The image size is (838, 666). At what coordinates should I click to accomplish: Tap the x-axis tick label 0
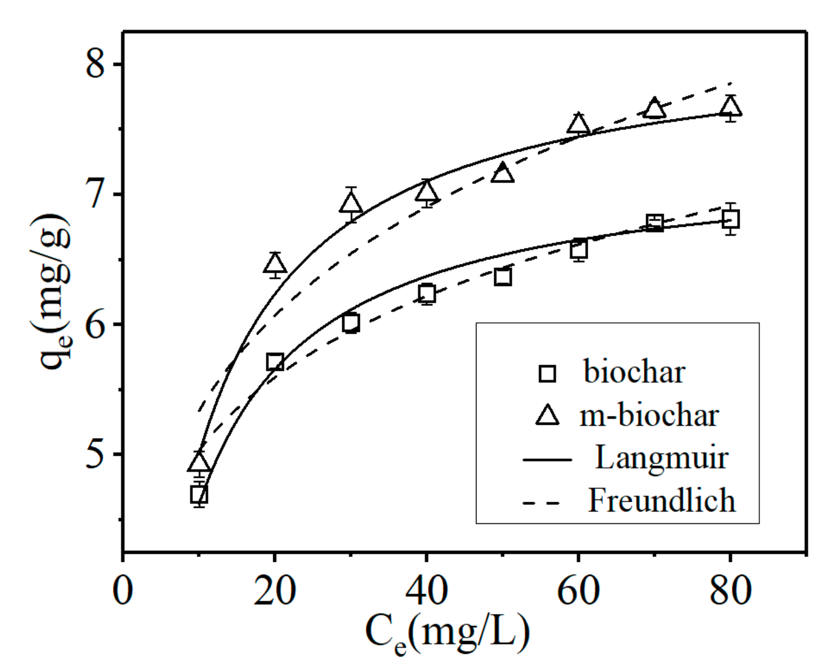pos(122,590)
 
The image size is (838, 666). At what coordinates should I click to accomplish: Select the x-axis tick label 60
pos(578,590)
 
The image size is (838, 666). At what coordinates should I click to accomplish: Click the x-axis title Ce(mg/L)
pos(447,633)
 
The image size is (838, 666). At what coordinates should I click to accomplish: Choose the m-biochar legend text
pos(648,415)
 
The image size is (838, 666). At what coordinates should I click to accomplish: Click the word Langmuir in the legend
pos(661,458)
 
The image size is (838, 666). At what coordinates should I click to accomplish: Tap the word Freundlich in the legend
pos(661,501)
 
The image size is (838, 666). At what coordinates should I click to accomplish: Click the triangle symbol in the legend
pos(547,415)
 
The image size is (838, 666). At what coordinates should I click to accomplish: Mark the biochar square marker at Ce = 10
pos(199,495)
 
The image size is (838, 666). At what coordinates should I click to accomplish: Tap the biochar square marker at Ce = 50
pos(502,277)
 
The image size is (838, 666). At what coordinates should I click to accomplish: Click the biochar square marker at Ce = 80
pos(730,220)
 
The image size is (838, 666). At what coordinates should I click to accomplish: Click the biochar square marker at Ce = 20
pos(275,362)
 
